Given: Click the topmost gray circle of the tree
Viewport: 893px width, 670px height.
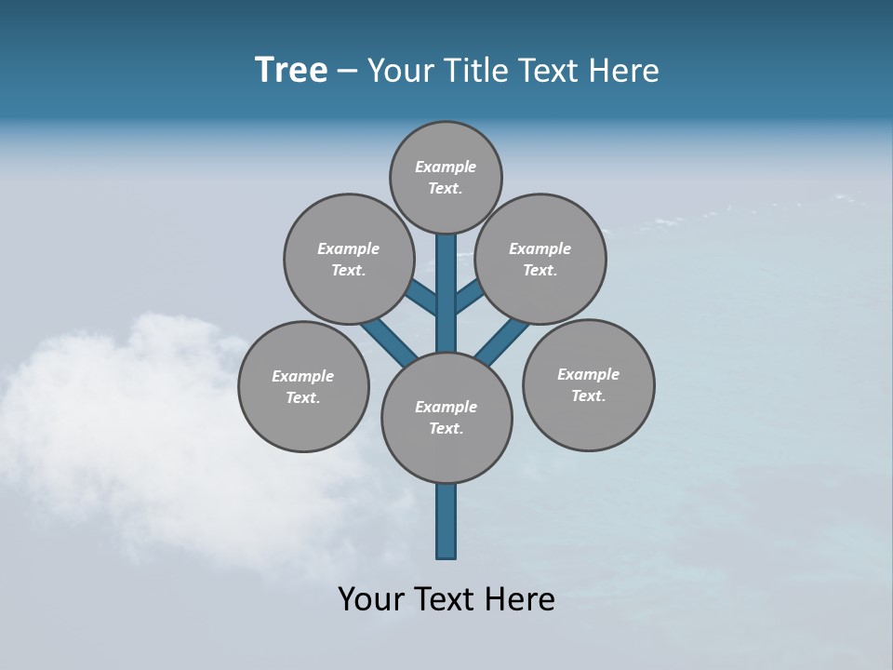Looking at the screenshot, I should pos(446,177).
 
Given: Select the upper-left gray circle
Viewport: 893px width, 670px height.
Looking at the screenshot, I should pos(348,259).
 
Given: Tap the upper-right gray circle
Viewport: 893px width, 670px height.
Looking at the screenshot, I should pos(540,259).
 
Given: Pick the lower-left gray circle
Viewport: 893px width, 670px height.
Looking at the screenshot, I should pos(303,386).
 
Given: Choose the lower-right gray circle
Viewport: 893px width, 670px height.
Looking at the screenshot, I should pos(588,384).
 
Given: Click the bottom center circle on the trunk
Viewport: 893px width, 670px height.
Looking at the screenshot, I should pos(446,417).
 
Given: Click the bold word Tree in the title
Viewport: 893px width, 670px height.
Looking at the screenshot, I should pos(291,70).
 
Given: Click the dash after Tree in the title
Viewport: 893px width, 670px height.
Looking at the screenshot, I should pos(348,72).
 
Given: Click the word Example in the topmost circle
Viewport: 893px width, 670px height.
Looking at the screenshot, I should pos(446,167).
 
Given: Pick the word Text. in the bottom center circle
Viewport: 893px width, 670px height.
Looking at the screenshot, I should pos(446,428).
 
